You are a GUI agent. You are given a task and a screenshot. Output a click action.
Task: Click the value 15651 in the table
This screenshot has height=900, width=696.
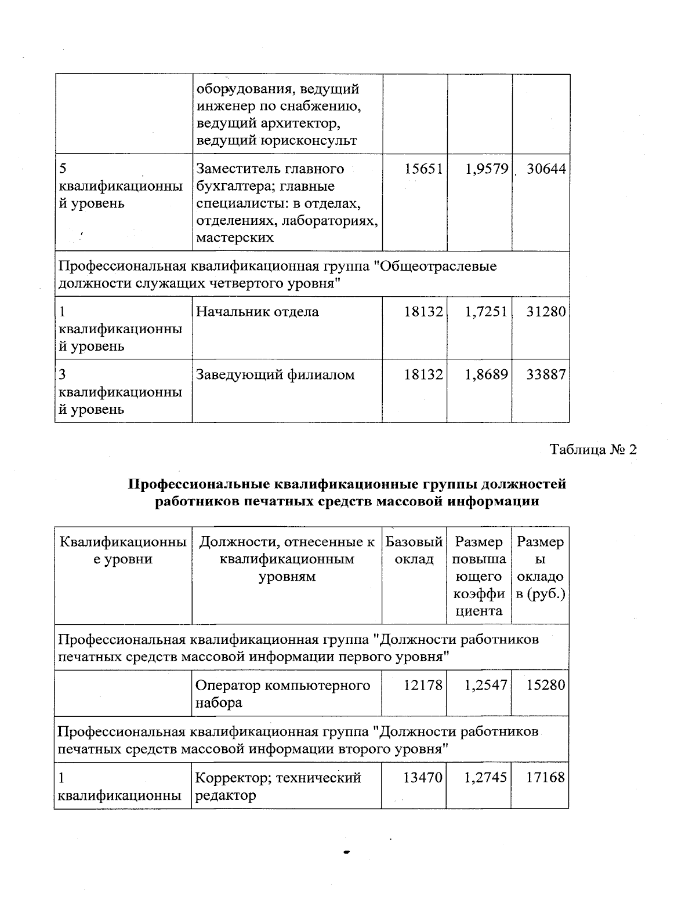[423, 169]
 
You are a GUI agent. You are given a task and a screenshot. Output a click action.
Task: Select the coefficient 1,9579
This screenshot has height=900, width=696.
[486, 169]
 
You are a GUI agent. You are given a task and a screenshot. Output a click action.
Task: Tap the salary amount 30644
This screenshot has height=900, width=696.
[546, 169]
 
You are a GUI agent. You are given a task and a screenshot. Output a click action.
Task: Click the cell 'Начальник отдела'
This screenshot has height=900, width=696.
[258, 312]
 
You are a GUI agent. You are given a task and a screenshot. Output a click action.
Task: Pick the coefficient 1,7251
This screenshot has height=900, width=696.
[486, 312]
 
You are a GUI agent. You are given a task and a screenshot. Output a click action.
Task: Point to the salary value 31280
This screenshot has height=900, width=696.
[546, 312]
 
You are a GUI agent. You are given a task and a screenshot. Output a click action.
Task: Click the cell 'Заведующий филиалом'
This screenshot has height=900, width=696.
[275, 375]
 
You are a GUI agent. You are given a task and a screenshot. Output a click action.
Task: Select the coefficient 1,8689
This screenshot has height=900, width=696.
[486, 375]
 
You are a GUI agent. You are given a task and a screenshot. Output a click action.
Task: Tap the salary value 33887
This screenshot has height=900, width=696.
[546, 375]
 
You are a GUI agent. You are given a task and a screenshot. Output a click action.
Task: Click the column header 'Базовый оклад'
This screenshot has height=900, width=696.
[414, 551]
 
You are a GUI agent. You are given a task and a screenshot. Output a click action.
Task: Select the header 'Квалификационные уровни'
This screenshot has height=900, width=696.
[123, 551]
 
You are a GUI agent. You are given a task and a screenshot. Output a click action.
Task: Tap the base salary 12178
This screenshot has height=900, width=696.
[423, 685]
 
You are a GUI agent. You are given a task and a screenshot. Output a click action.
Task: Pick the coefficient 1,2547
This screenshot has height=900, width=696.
[486, 685]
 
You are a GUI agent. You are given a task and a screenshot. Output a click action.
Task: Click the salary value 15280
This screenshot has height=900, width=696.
[546, 685]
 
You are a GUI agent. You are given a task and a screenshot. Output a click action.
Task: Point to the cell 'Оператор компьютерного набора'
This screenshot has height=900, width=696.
[282, 694]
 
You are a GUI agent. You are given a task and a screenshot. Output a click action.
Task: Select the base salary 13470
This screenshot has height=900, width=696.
[423, 777]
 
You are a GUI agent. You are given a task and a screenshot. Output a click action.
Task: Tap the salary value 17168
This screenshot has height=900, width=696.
[545, 777]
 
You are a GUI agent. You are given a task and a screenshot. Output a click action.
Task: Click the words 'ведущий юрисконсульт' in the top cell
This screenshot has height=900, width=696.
[276, 140]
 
